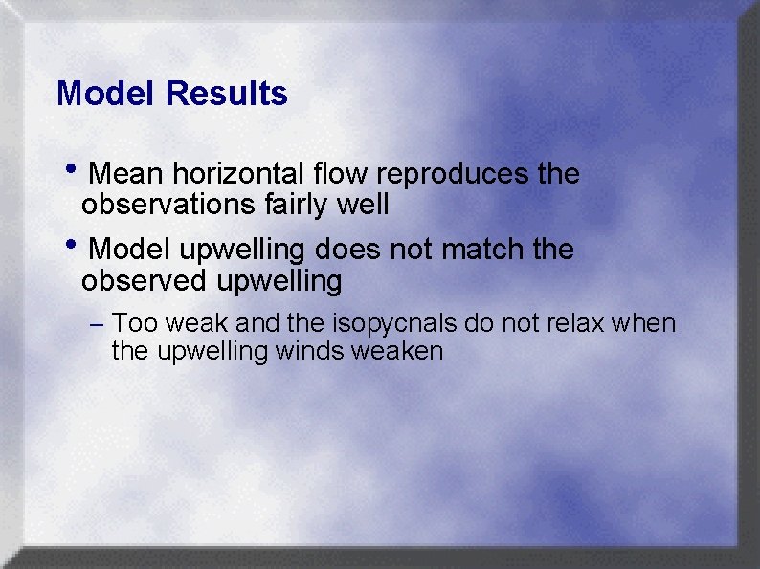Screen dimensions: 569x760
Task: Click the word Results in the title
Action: (x=226, y=94)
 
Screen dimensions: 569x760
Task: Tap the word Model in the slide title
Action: (x=106, y=94)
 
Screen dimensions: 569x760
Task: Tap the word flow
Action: (x=343, y=174)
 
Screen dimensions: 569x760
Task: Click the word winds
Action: (x=311, y=351)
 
